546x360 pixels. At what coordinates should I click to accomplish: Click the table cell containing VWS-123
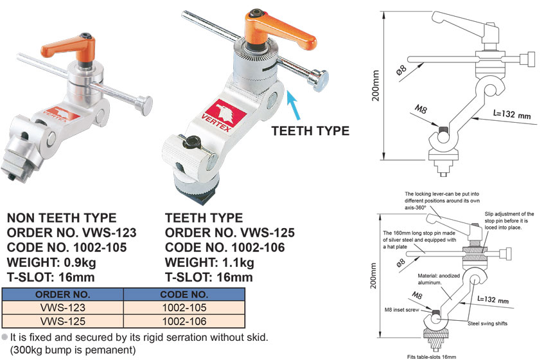(x=63, y=308)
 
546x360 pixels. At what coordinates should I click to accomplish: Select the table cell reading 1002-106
(x=184, y=321)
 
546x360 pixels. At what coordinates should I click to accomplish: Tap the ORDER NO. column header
(x=63, y=294)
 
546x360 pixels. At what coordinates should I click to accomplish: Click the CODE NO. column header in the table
(x=184, y=294)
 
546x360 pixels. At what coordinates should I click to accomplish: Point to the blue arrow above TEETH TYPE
(x=293, y=107)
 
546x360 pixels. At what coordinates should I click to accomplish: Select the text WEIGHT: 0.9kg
(x=51, y=262)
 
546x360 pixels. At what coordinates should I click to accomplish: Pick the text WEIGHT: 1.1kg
(x=209, y=262)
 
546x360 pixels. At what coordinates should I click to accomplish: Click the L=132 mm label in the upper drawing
(x=512, y=114)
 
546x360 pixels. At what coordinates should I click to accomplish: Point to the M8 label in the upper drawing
(x=421, y=109)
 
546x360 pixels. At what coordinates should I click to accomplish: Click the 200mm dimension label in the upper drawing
(x=375, y=85)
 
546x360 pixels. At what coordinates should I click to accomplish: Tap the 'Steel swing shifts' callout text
(x=487, y=323)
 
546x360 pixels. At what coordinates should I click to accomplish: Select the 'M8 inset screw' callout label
(x=402, y=309)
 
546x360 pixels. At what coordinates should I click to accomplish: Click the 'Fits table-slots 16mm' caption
(x=432, y=357)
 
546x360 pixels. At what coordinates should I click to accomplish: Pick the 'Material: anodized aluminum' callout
(x=439, y=279)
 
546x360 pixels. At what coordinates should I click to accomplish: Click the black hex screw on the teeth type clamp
(x=191, y=142)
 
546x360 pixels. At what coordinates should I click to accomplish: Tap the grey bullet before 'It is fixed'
(x=4, y=337)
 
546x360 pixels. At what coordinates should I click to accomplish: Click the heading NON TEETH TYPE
(x=62, y=218)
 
